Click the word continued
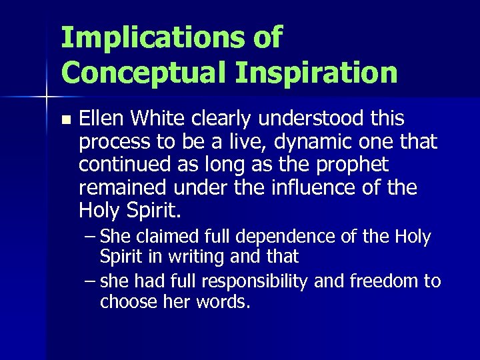click(x=119, y=165)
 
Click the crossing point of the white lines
click(x=45, y=98)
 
